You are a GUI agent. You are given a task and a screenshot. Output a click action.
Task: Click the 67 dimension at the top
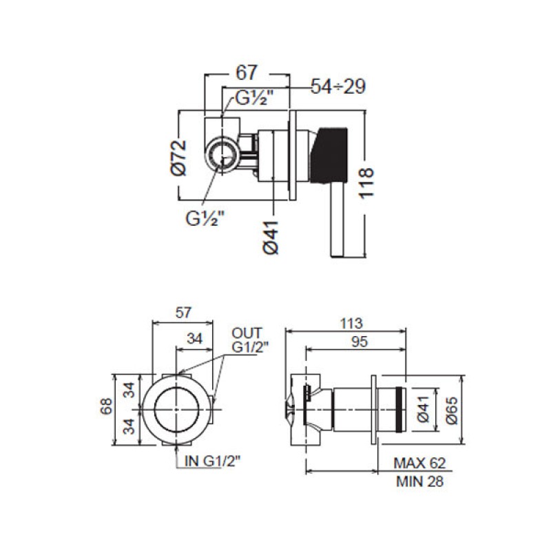(x=247, y=73)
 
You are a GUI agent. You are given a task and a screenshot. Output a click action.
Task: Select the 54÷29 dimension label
(x=338, y=86)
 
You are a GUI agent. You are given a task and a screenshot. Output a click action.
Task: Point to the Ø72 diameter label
(x=179, y=157)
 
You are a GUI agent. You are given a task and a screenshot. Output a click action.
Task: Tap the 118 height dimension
(x=366, y=183)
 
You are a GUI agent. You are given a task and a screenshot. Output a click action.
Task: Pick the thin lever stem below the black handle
(x=337, y=220)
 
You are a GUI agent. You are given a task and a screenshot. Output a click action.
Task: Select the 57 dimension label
(x=183, y=313)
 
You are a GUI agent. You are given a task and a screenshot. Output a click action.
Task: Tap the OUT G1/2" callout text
(x=249, y=340)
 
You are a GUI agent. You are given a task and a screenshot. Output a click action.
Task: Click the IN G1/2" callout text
(x=213, y=461)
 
